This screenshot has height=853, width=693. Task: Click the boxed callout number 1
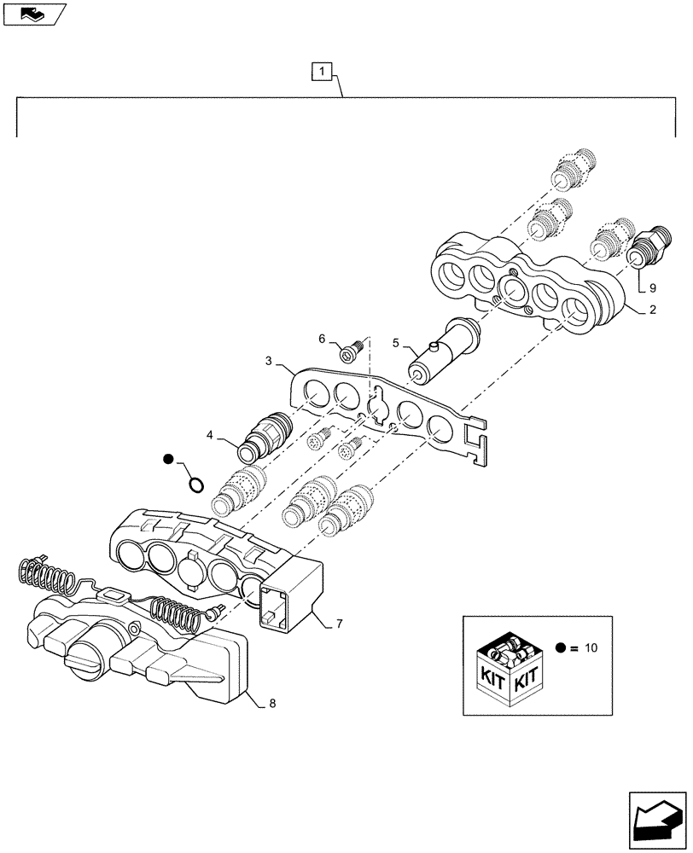(321, 72)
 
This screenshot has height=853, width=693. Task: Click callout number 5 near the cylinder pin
(396, 343)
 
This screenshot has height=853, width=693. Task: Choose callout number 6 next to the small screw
(323, 339)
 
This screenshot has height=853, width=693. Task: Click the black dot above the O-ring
(170, 460)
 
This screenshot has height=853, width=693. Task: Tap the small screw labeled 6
(350, 349)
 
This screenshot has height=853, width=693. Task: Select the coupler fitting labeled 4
(266, 432)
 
